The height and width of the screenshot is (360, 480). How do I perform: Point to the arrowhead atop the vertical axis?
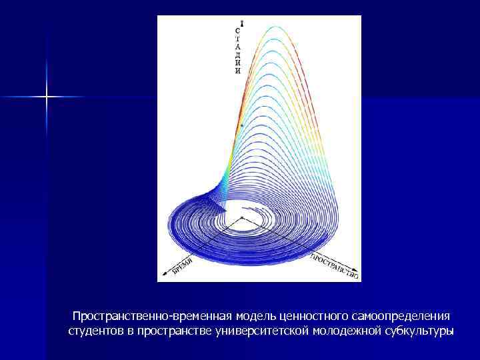click(241, 23)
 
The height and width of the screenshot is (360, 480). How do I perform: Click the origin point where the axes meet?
click(241, 218)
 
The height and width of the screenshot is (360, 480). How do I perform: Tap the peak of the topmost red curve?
click(275, 27)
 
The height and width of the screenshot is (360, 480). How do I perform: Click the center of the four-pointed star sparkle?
click(47, 97)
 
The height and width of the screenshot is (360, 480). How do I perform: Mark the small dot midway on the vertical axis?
click(241, 125)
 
